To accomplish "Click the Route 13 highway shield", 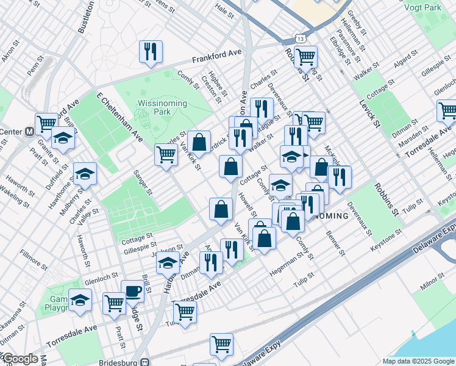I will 299,38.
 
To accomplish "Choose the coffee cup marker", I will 132,291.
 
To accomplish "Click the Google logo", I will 20,359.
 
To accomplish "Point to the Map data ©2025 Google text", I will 417,361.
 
